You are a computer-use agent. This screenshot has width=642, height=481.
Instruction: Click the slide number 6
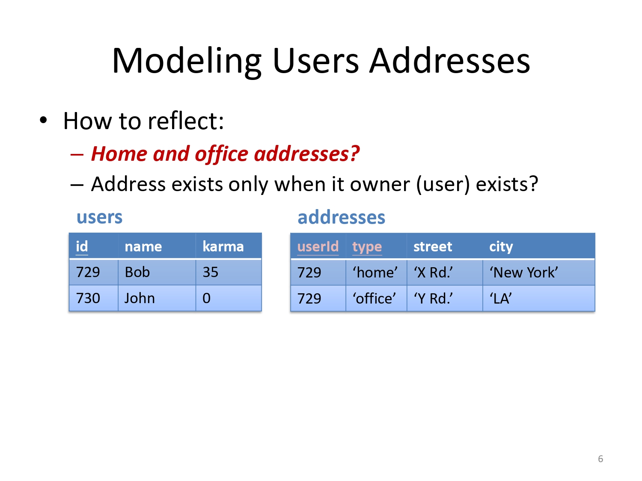[600, 458]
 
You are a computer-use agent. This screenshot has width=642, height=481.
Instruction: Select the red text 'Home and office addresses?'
[225, 153]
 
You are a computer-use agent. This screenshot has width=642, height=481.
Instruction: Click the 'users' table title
[99, 217]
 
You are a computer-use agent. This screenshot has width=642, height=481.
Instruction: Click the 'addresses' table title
[341, 217]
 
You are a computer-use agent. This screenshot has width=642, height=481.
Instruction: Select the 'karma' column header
[223, 246]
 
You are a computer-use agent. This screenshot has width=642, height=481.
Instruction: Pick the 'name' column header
[143, 247]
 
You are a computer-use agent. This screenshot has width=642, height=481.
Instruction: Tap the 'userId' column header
[318, 246]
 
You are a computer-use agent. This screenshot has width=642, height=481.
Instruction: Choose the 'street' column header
[433, 247]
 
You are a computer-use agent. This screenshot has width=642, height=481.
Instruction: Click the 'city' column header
[501, 247]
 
